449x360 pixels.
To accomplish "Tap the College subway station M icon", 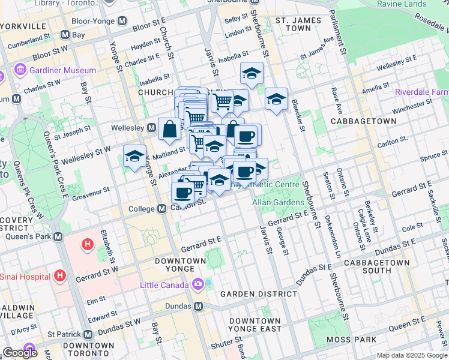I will click(161, 209).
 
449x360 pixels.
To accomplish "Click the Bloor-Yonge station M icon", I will click(123, 20).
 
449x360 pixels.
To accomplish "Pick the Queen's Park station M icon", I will click(58, 236).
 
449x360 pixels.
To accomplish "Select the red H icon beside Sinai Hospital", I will click(59, 275).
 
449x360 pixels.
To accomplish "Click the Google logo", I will click(20, 353).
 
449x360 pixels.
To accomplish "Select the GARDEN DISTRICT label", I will click(258, 294).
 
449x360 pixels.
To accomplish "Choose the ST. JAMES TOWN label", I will click(294, 24).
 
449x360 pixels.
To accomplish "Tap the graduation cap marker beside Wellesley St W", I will click(134, 157).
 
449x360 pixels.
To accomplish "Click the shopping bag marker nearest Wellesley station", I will click(170, 128).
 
